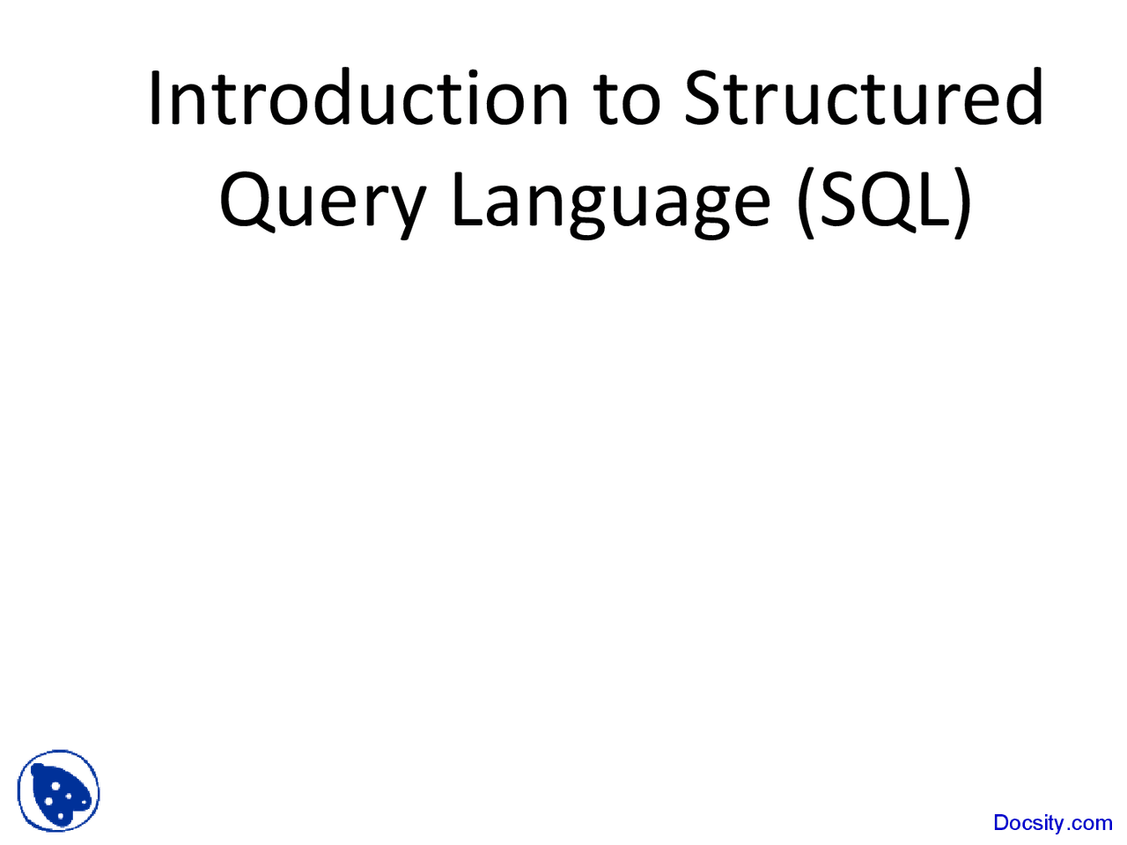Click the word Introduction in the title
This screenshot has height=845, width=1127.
358,98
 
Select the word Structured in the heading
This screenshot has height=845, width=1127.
864,98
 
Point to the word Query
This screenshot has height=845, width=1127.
322,202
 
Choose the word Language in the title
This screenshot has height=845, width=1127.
611,202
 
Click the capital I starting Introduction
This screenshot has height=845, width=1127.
154,98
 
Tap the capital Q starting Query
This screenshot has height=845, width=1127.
247,200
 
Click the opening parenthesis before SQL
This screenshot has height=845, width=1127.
805,202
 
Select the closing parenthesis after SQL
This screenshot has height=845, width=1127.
961,202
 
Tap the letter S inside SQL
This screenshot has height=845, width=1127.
838,199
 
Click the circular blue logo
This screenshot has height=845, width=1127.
58,790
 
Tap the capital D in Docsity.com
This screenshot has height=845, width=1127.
1001,823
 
